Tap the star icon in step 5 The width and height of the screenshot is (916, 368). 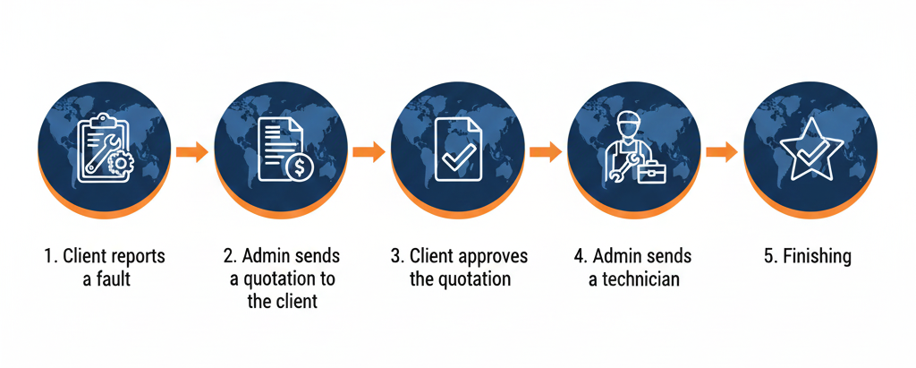[810, 150]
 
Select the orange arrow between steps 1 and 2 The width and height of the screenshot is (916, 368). [191, 151]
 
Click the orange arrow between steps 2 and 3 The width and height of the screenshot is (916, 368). [369, 151]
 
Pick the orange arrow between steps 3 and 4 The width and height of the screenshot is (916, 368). [545, 151]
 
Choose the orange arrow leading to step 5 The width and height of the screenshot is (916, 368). [721, 151]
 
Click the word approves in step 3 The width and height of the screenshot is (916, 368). [493, 257]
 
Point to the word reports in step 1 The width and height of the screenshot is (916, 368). [139, 257]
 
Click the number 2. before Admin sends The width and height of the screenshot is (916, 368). [230, 257]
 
